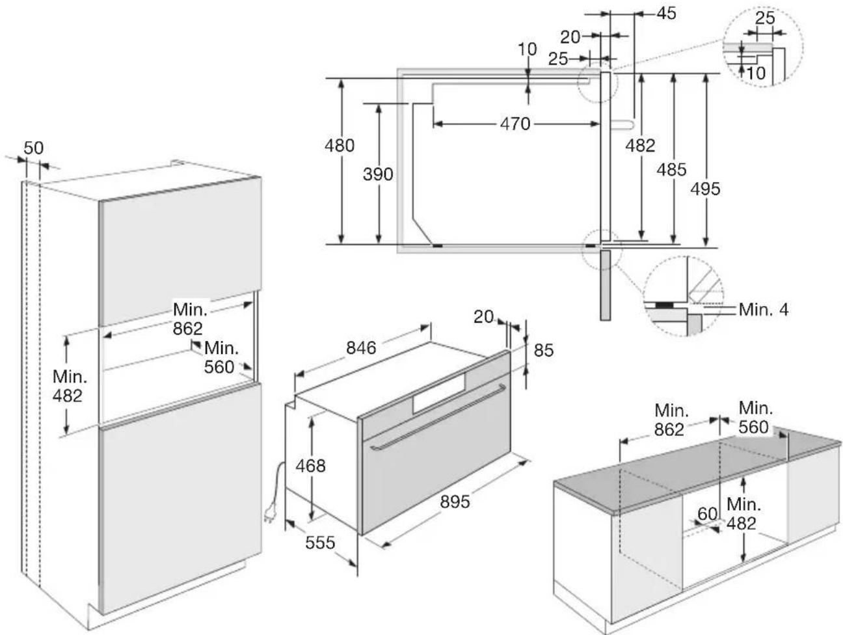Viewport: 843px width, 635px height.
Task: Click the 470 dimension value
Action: point(515,124)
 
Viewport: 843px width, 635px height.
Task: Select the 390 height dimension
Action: point(378,174)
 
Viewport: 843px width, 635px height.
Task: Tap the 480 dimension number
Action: point(340,146)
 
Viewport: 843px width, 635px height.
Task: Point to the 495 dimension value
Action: point(705,189)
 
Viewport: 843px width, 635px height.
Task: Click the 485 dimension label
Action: point(671,170)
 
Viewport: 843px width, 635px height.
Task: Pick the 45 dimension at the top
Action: point(666,14)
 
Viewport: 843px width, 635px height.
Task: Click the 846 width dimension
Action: point(361,348)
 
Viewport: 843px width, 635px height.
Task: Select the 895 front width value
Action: point(455,502)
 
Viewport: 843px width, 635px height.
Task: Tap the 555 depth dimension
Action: point(320,543)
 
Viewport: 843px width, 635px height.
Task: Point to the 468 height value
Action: point(310,466)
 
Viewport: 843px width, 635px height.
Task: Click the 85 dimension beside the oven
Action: point(543,350)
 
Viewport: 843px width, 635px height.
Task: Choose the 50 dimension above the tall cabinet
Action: point(33,148)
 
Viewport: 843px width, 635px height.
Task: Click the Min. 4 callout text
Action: point(764,309)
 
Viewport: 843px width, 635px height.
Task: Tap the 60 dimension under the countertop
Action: point(708,514)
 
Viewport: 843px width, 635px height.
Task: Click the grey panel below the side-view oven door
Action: point(606,285)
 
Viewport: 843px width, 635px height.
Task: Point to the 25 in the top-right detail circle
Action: point(765,18)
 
